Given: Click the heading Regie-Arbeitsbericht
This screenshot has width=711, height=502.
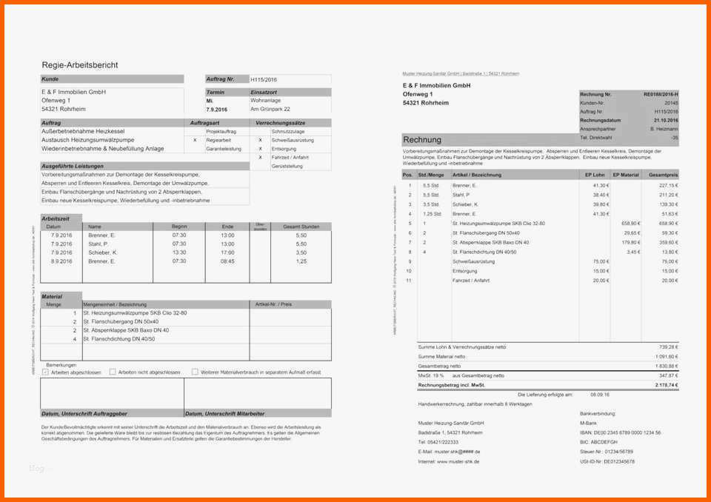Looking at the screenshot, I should pyautogui.click(x=79, y=65).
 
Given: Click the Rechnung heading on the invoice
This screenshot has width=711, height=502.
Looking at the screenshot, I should pyautogui.click(x=422, y=139).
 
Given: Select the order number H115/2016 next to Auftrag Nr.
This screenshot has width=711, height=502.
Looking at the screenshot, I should pyautogui.click(x=264, y=78).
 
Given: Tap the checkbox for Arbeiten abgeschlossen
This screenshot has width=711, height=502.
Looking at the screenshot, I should pyautogui.click(x=45, y=372).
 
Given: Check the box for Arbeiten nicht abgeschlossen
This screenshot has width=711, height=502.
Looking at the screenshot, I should pyautogui.click(x=113, y=372).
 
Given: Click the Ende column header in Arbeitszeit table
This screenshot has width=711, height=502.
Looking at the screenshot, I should pyautogui.click(x=227, y=227).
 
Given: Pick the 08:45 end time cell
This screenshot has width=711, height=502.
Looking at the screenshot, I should pyautogui.click(x=227, y=261).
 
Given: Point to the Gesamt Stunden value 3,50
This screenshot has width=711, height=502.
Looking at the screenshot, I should pyautogui.click(x=301, y=252).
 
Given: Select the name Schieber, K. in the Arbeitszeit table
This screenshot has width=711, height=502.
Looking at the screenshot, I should pyautogui.click(x=102, y=252).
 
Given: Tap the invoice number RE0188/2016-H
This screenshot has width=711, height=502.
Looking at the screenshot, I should pyautogui.click(x=660, y=95).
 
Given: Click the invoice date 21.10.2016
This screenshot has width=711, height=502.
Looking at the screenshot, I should pyautogui.click(x=665, y=120).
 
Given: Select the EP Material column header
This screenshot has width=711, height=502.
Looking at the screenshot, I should pyautogui.click(x=626, y=175).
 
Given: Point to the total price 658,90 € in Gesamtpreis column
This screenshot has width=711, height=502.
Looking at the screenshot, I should pyautogui.click(x=669, y=223).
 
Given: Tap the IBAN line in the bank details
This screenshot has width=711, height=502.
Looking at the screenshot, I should pyautogui.click(x=620, y=432).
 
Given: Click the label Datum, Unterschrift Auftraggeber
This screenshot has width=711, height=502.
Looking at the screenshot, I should pyautogui.click(x=84, y=414).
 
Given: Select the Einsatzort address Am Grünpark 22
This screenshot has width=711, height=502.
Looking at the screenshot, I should pyautogui.click(x=270, y=110).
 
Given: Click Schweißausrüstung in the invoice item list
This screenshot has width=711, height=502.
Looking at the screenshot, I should pyautogui.click(x=471, y=261).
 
